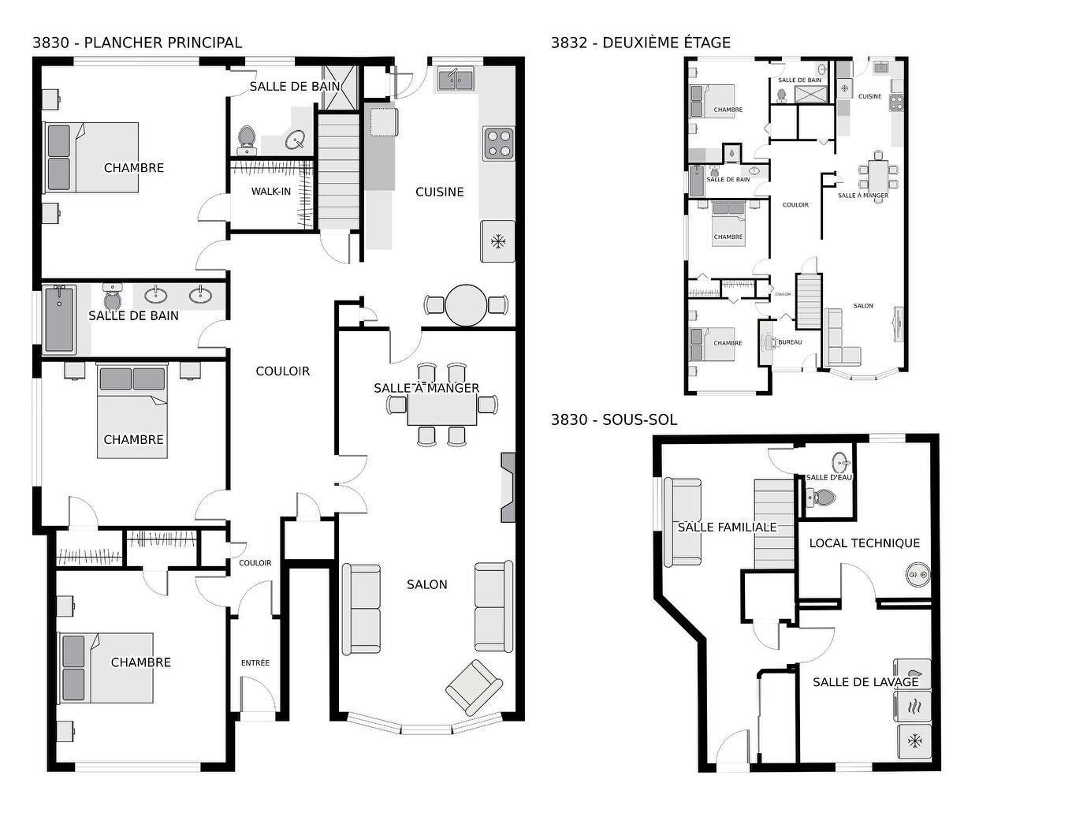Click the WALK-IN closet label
pos(270,192)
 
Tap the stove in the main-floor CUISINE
pos(498,144)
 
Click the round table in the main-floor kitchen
pos(466,305)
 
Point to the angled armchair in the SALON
pos(474,687)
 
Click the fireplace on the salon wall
pos(508,487)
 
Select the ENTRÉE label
pos(255,663)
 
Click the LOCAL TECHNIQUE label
pos(864,543)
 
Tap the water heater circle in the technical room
pos(916,576)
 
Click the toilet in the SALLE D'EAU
pos(823,498)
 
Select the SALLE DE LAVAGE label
pos(865,682)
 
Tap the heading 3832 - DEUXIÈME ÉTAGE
pos(640,43)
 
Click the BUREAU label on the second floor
pos(789,342)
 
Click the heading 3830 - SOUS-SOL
pos(613,420)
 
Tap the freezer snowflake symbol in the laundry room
pos(914,741)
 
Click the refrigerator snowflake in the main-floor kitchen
pos(497,241)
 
